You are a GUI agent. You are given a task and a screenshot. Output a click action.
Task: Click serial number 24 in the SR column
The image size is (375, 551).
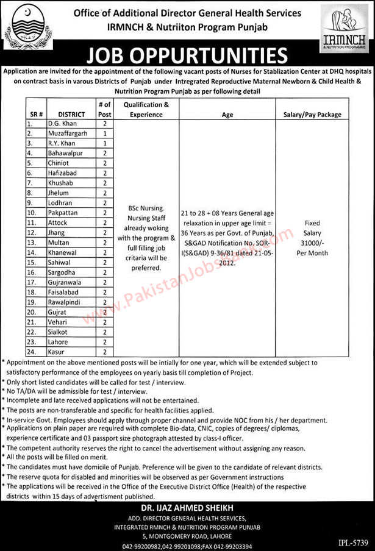pos(29,352)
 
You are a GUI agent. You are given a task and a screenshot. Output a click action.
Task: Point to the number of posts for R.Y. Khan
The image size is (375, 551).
pos(105,143)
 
